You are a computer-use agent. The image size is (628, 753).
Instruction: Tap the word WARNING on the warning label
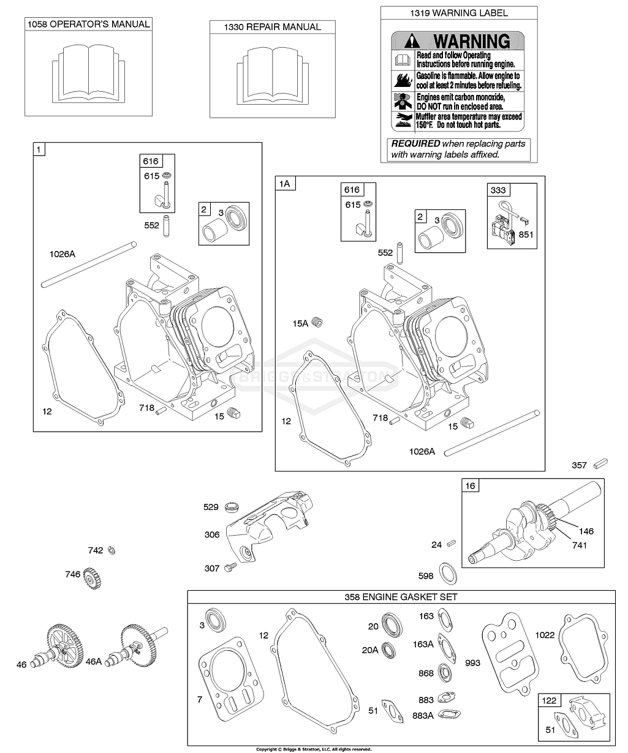click(471, 42)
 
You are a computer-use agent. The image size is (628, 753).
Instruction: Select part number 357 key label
click(579, 466)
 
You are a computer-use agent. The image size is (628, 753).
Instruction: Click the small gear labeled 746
click(92, 575)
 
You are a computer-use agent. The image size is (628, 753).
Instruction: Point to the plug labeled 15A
click(317, 322)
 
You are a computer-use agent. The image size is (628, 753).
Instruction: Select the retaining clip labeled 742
click(111, 550)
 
